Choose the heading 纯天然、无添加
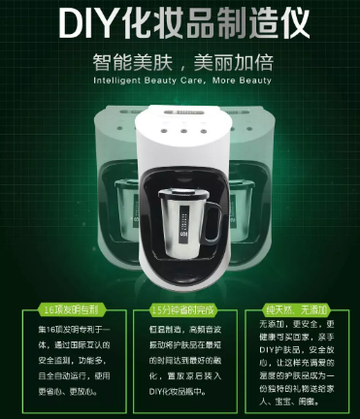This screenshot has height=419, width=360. (x=301, y=308)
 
